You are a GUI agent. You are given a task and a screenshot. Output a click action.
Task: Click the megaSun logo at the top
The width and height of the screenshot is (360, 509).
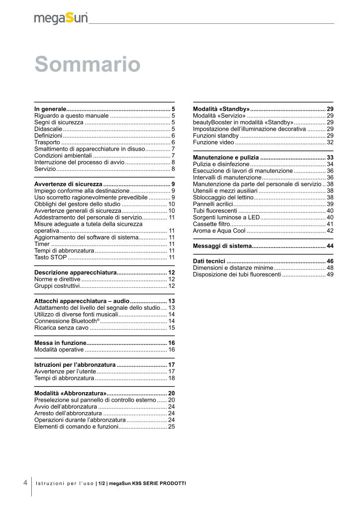(x=61, y=18)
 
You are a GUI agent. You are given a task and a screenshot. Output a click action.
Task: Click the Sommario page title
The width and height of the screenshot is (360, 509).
(x=88, y=65)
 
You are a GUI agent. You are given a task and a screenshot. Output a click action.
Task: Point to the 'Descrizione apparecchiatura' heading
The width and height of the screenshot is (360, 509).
(x=75, y=272)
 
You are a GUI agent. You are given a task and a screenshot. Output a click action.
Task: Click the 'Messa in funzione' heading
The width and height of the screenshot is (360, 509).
(x=60, y=343)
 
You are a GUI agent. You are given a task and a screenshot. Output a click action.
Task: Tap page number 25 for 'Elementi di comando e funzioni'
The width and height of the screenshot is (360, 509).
(x=171, y=426)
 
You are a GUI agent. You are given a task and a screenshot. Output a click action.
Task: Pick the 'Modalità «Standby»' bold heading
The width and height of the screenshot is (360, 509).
(x=221, y=108)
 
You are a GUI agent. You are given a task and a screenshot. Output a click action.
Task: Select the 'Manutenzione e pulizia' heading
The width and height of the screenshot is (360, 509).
(x=226, y=157)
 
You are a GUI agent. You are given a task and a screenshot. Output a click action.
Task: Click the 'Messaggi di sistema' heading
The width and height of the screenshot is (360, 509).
(x=222, y=246)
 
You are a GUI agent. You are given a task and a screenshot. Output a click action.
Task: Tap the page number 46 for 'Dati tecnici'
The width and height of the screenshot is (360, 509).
(x=330, y=261)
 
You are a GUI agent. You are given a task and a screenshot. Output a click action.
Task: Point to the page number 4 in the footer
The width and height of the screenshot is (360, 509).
(x=25, y=482)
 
